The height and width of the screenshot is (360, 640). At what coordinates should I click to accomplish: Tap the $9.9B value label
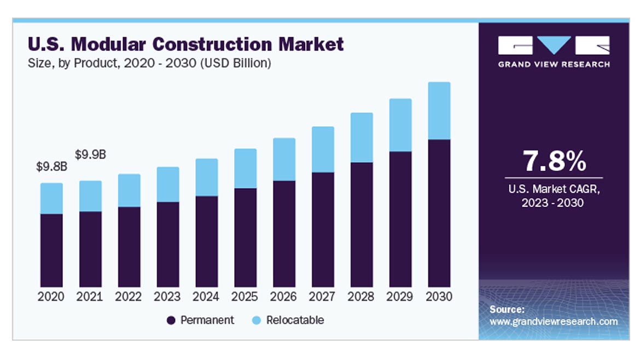click(90, 155)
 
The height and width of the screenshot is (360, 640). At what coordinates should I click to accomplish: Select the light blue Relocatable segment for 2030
click(439, 111)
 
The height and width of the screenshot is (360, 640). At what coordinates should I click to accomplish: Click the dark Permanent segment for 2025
click(245, 237)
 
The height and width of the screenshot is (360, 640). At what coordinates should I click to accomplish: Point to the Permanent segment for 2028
click(362, 224)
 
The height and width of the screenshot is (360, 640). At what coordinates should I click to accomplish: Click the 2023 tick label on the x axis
click(167, 297)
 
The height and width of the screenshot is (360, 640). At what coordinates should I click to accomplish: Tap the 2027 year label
click(323, 297)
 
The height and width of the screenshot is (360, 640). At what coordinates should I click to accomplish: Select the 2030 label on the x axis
click(439, 297)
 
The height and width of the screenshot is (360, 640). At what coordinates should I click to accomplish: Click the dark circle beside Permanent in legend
click(171, 321)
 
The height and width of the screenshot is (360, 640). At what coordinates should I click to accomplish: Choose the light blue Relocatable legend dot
click(257, 321)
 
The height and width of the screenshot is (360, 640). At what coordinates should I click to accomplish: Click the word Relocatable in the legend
click(295, 320)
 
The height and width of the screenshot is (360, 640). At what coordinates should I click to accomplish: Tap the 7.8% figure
click(554, 161)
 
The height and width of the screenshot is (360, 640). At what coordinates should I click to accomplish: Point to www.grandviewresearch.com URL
click(554, 322)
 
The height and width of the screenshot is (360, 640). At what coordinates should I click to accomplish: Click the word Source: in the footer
click(507, 310)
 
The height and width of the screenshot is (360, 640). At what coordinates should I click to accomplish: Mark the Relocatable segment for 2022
click(129, 190)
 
